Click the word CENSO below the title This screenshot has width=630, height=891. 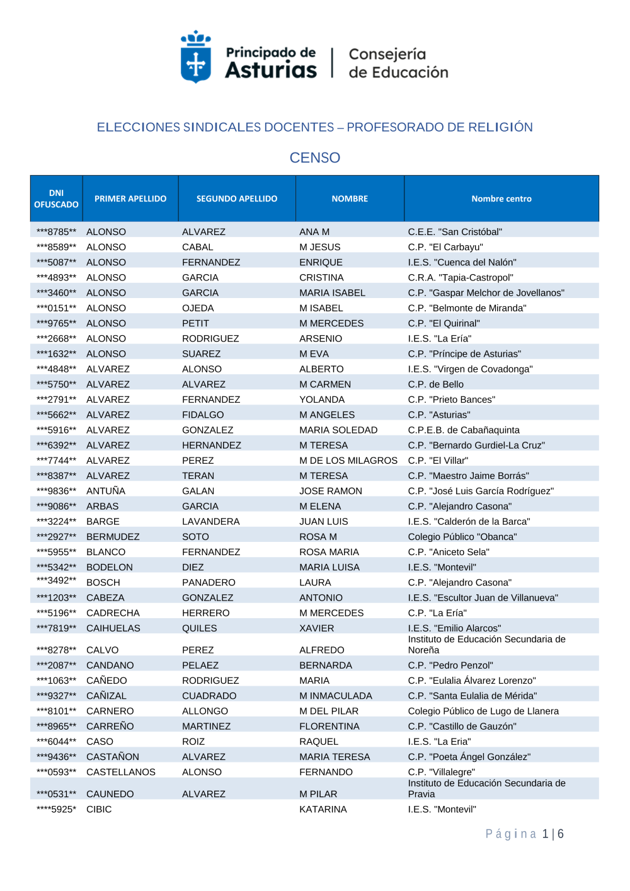coord(314,158)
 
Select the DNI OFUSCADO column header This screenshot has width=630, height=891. coord(56,198)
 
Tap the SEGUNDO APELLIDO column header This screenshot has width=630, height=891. coord(236,198)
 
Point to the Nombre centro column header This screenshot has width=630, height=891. coord(501,198)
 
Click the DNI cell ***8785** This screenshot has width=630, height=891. coord(56,232)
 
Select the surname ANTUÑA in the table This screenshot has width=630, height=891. coord(106,491)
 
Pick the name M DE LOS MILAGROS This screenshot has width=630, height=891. coord(348,461)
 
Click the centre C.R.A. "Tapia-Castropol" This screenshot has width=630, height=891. coord(461,277)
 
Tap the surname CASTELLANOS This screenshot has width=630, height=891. coord(121,772)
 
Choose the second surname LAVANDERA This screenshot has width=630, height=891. coord(211,521)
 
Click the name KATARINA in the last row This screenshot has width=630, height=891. coord(323,809)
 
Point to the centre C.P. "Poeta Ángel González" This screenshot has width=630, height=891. coord(469,757)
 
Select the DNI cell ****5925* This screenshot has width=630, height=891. coord(56,809)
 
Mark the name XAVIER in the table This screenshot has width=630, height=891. coord(317,628)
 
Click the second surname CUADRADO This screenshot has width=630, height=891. coord(209,696)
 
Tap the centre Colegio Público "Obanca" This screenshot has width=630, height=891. coord(462,537)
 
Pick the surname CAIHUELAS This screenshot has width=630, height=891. coord(113,628)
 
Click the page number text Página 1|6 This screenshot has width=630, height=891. coord(524,834)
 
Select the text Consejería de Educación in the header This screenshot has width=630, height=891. coord(398,63)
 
